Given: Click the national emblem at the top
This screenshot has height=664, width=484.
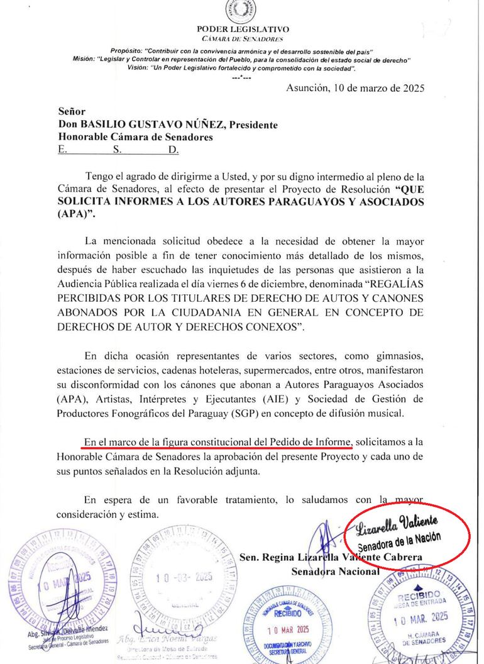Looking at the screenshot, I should tap(243, 10).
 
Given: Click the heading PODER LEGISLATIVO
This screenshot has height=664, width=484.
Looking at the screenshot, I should tap(243, 29).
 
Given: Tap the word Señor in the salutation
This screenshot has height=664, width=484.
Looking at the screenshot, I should tap(73, 111).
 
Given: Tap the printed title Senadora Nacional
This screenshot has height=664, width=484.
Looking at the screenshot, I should tap(335, 572).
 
